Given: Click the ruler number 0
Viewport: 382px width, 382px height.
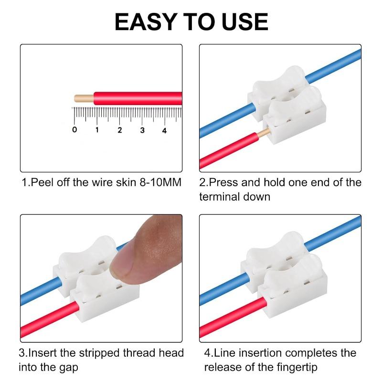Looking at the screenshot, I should click(74, 130).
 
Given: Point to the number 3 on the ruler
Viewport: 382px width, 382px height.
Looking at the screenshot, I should click(142, 130).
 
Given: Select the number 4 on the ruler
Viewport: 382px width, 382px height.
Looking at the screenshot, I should click(164, 130).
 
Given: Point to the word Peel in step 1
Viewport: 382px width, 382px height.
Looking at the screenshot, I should click(41, 183).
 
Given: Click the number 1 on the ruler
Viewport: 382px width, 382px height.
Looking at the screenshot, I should click(97, 130).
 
